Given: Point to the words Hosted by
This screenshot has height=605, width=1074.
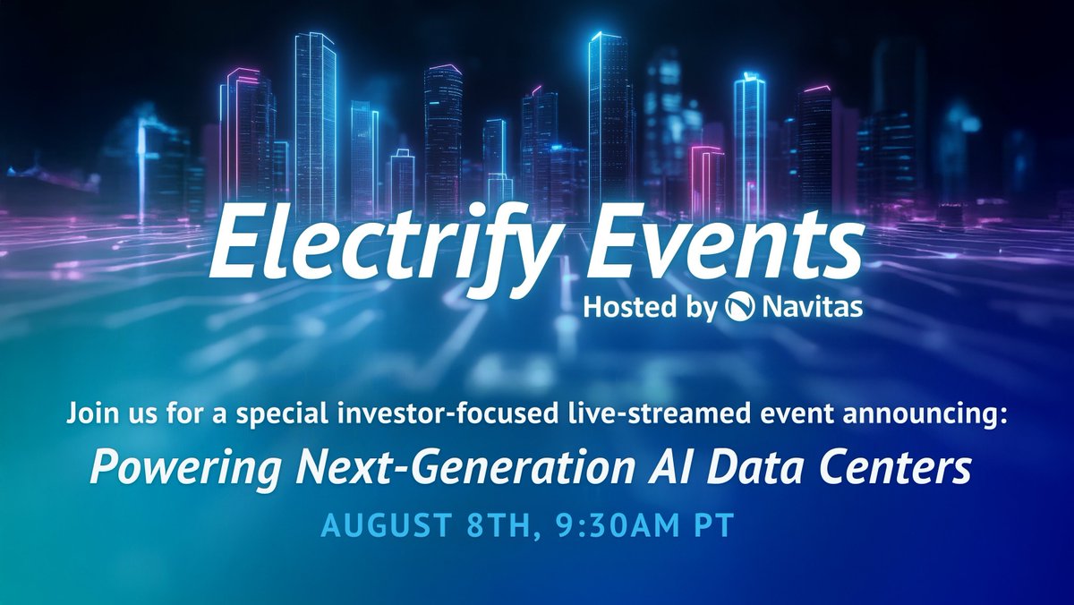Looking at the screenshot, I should [x=650, y=309].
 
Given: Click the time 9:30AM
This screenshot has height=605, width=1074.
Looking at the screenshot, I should [x=610, y=524].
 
